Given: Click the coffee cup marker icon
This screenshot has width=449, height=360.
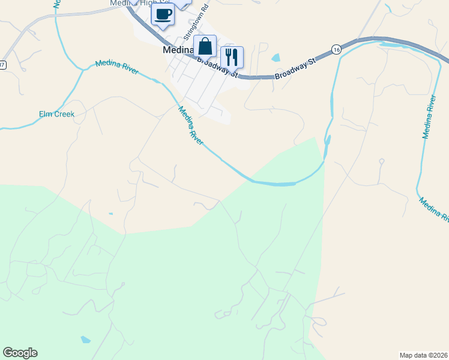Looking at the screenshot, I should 163,14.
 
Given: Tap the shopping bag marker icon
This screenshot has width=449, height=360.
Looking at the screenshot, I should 205,46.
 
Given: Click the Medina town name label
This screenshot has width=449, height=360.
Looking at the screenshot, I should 178,50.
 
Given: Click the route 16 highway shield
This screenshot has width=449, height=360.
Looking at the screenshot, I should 336,49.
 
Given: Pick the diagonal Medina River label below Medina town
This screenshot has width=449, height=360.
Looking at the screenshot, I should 191,125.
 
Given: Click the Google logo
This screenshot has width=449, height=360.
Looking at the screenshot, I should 20,353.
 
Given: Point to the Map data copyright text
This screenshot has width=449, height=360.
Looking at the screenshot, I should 423,355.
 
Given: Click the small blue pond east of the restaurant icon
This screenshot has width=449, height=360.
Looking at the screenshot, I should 276,58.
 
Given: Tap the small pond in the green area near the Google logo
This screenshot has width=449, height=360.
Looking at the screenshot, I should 85,340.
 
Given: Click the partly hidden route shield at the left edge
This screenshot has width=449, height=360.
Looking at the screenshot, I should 2,64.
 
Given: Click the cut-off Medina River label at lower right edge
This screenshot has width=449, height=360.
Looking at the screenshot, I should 434,209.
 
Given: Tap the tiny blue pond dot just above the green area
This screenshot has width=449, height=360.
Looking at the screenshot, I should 110,214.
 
